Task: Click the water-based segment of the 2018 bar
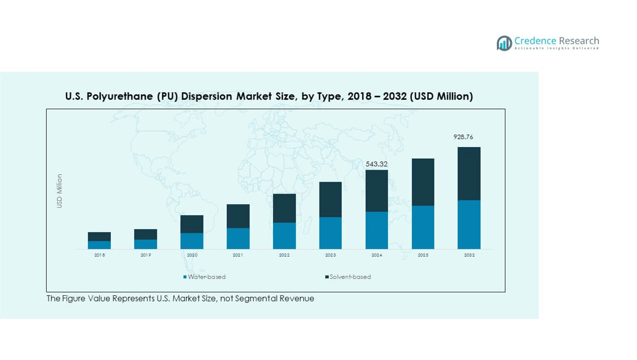pos(99,245)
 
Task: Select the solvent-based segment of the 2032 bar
pos(469,173)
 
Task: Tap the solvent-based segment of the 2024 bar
pos(377,191)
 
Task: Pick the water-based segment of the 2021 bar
pos(238,238)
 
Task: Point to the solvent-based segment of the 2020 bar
pos(192,224)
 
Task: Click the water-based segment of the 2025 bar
pos(423,227)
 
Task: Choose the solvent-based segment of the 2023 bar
pos(330,200)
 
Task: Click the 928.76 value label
pos(463,137)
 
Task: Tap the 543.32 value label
pos(376,164)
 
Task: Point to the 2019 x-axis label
pos(146,256)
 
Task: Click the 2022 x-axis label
pos(284,256)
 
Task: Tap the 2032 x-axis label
pos(469,256)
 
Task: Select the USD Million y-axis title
pos(60,191)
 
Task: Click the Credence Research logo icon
pos(504,43)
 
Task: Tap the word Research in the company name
pos(579,41)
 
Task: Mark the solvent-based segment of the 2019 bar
pos(146,234)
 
